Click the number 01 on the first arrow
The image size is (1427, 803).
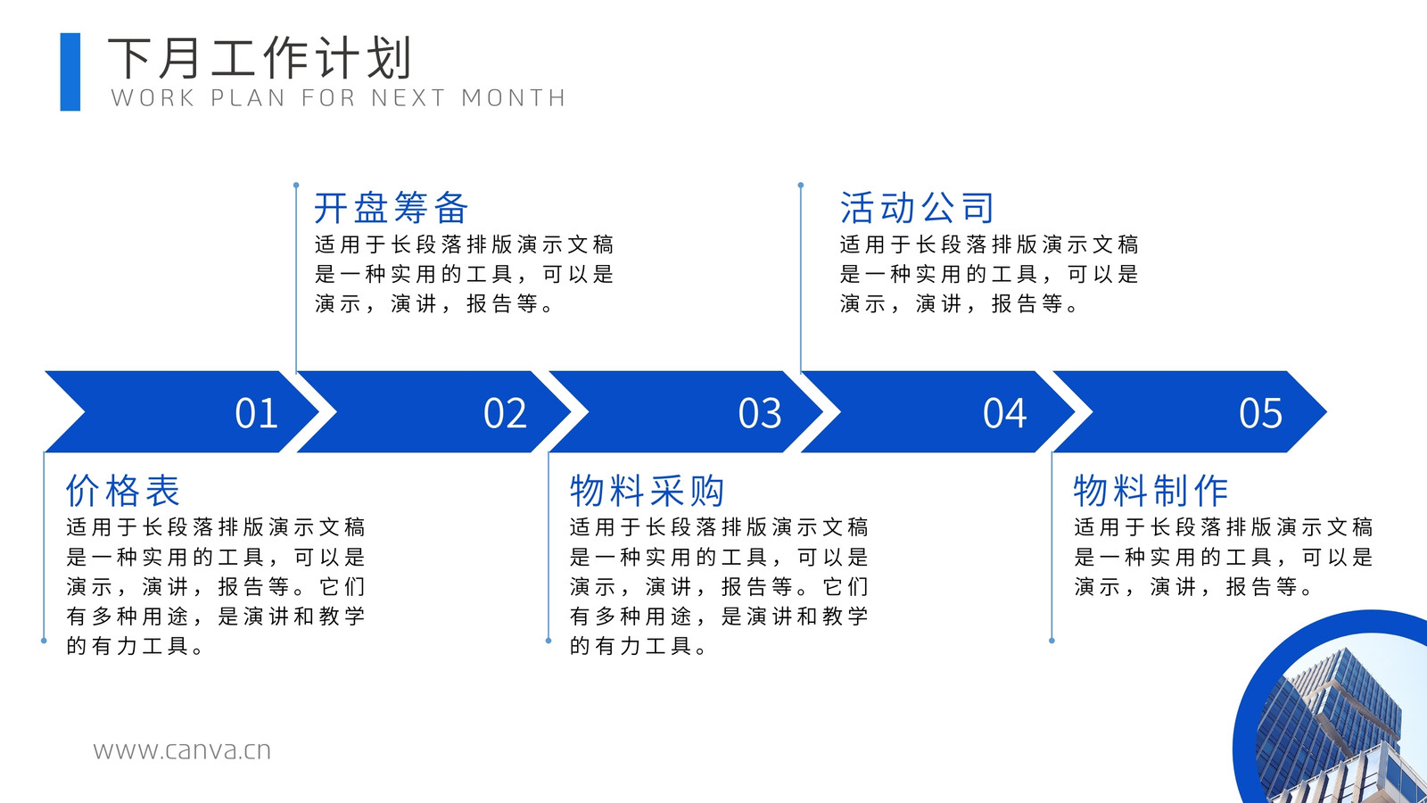point(256,413)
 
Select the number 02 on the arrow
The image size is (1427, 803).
point(505,413)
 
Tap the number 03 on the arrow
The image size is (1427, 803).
point(759,413)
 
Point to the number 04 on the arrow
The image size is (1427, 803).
point(1004,413)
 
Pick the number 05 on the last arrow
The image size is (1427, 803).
point(1261,413)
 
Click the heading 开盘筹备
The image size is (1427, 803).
point(392,208)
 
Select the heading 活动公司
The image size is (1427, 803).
point(917,208)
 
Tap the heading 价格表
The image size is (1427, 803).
point(123,491)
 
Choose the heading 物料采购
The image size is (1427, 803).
point(648,491)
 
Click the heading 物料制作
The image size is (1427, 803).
point(1151,491)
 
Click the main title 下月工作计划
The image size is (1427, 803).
point(260,58)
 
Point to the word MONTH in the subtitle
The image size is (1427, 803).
point(514,98)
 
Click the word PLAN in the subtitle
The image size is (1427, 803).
point(248,98)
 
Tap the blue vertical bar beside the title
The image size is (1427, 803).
point(70,72)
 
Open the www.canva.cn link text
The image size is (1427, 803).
point(182,750)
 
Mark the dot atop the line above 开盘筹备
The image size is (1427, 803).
point(296,186)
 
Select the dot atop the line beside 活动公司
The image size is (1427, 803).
point(801,186)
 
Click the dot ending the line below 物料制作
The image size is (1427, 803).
point(1052,641)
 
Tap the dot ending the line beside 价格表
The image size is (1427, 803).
point(44,641)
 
